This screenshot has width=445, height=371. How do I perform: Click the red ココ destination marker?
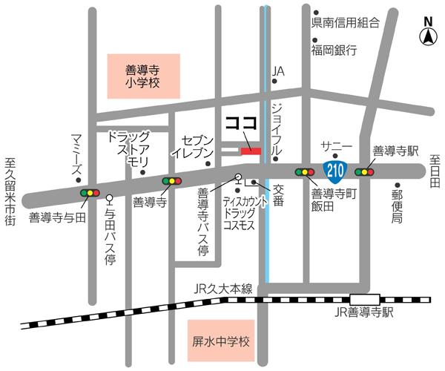point(251,151)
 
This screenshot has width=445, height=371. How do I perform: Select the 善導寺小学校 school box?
point(142,76)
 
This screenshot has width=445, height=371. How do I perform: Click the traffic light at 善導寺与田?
point(90,193)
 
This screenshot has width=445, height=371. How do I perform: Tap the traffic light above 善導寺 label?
point(171,180)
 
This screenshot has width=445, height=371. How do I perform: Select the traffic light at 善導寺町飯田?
point(304,172)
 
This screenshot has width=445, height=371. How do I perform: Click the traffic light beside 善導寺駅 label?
point(364,172)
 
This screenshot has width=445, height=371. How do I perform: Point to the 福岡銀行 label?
point(334,50)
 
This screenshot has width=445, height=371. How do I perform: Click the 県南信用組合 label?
point(346,23)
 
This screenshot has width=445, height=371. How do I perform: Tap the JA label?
point(278,71)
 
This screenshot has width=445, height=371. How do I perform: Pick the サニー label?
point(332,146)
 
